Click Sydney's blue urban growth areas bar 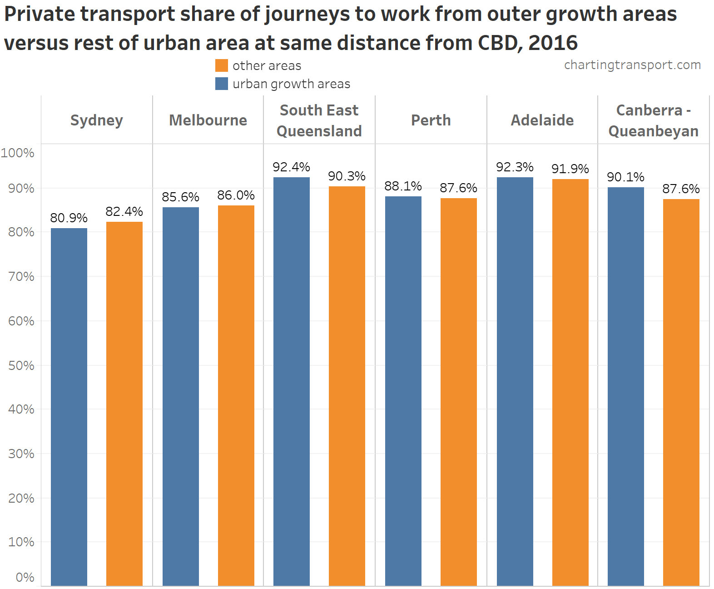point(69,407)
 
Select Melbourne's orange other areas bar point(236,395)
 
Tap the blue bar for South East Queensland point(292,382)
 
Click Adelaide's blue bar point(515,382)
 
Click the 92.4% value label point(292,167)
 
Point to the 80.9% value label point(69,218)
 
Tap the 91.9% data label point(570,169)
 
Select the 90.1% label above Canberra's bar point(625,177)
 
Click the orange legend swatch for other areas point(222,65)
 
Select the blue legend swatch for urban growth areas point(222,84)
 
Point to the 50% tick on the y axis point(21,365)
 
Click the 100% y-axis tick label point(18,153)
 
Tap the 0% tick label point(25,577)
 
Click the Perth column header point(431,120)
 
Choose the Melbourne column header point(208,120)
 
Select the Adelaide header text point(542,120)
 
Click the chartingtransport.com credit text point(632,65)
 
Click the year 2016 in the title point(553,43)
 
